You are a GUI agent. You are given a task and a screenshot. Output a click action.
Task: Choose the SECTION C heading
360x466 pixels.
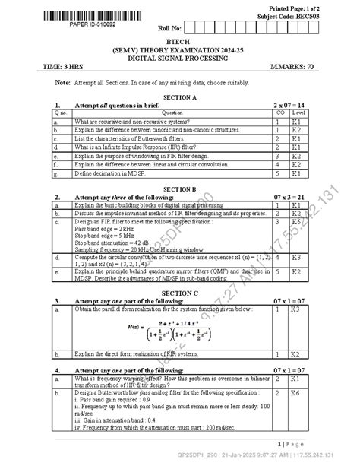click(179, 292)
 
